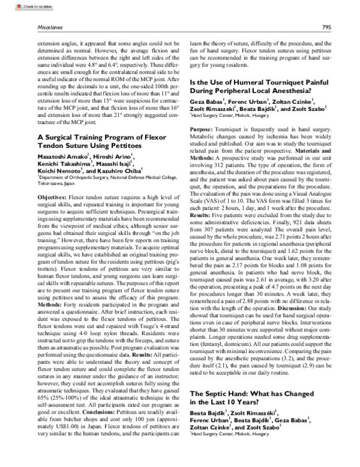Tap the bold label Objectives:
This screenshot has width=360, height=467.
[52, 197]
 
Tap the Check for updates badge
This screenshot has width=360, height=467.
[17, 7]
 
